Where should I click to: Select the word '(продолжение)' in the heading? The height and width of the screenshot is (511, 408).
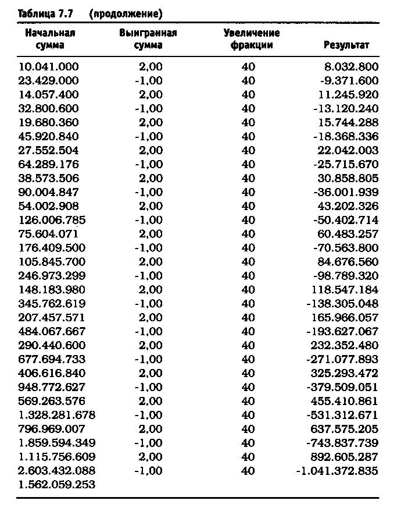tap(126, 12)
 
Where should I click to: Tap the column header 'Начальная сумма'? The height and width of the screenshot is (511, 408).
tap(50, 39)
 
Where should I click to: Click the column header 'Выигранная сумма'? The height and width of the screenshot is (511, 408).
tap(148, 39)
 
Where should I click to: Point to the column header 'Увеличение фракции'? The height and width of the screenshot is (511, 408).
tap(251, 39)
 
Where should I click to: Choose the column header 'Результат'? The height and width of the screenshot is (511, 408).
tap(346, 45)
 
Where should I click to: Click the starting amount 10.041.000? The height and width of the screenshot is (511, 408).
tap(49, 67)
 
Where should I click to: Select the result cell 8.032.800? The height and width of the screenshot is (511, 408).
tap(353, 67)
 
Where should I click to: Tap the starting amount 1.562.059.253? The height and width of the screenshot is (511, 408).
tap(57, 484)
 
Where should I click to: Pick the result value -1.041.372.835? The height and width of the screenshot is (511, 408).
tap(337, 470)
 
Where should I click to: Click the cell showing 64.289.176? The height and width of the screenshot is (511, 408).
tap(49, 164)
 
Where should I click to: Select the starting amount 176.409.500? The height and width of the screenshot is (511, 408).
tap(52, 248)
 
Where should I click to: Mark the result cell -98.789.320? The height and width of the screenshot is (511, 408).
tap(348, 275)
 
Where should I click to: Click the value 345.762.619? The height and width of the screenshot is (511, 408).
tap(52, 303)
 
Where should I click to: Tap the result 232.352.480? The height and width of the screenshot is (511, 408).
tap(348, 345)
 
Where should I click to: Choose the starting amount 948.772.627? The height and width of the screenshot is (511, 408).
tap(52, 387)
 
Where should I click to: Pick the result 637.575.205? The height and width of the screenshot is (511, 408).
tap(348, 429)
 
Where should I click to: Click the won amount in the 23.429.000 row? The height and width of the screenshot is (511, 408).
tap(148, 81)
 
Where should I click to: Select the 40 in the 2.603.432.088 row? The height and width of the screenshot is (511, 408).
tap(248, 470)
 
